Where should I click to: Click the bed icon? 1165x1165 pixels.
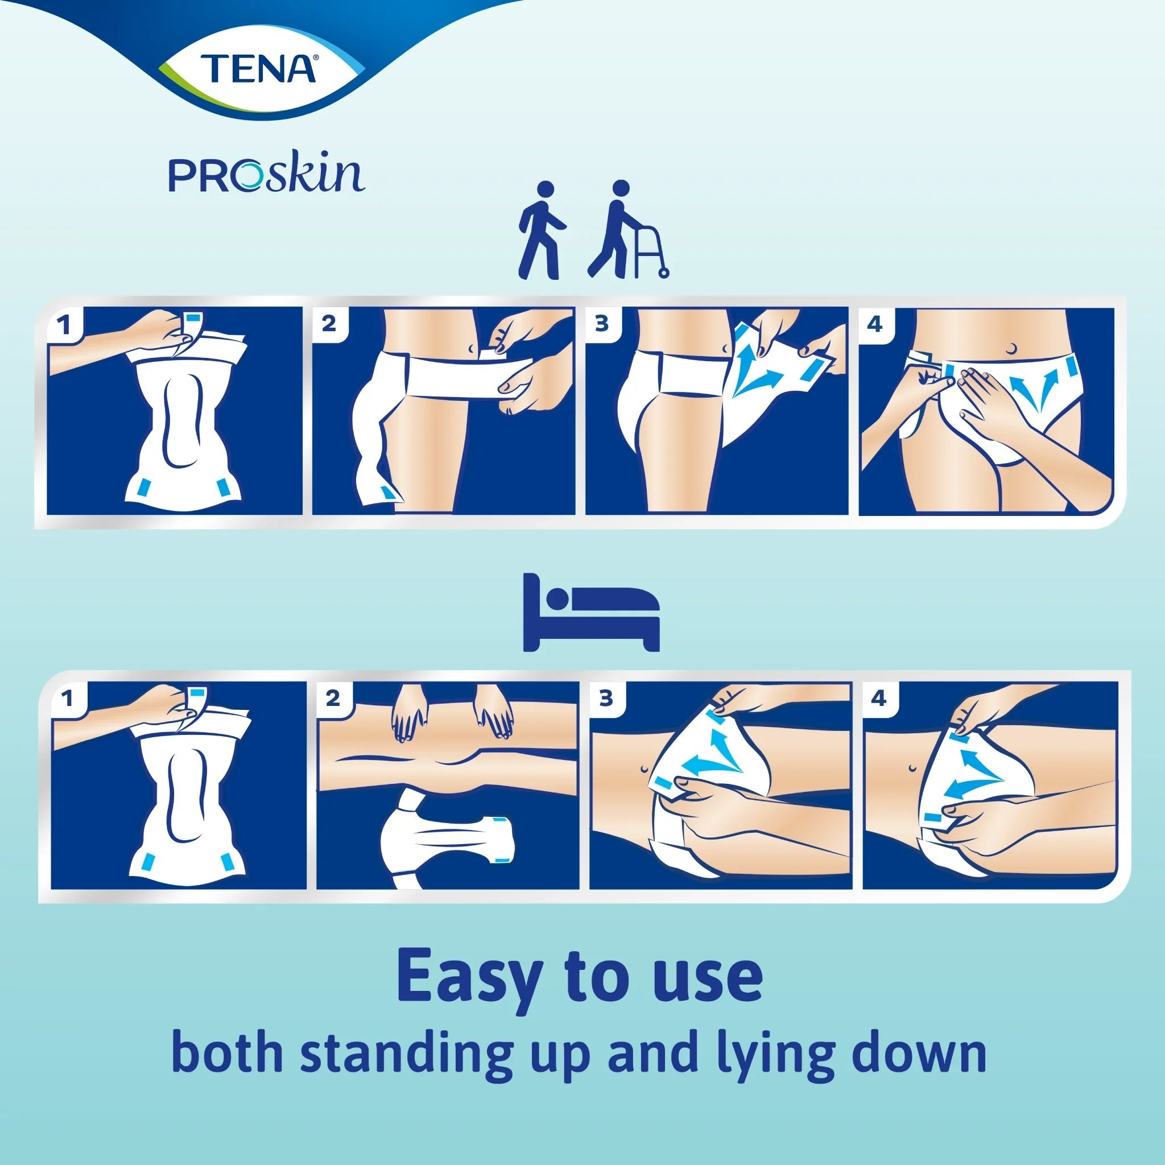click(591, 612)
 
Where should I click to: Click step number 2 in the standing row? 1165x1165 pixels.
click(329, 324)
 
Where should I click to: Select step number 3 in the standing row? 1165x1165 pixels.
click(601, 324)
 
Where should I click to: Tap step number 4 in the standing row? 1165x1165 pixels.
click(875, 324)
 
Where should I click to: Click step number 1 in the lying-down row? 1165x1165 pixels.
click(67, 699)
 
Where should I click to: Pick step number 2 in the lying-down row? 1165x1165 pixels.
click(332, 699)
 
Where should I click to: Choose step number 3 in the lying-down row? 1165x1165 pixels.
click(605, 699)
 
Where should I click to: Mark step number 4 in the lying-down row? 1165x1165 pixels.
click(878, 699)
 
